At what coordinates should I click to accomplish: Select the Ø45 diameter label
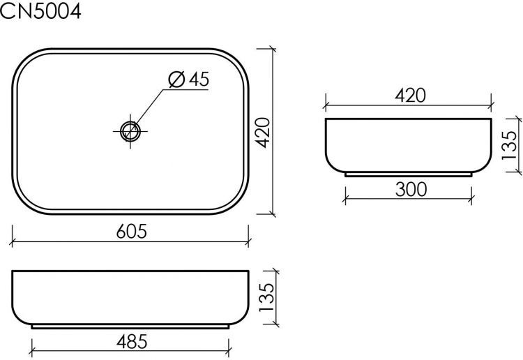tap(188, 80)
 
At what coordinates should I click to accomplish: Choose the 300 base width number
tap(411, 188)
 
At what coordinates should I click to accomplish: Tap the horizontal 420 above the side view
tap(411, 96)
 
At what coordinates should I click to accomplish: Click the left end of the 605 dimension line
tap(13, 242)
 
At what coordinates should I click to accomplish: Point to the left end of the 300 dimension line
tap(344, 200)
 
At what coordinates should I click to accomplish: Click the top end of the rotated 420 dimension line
tap(272, 49)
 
